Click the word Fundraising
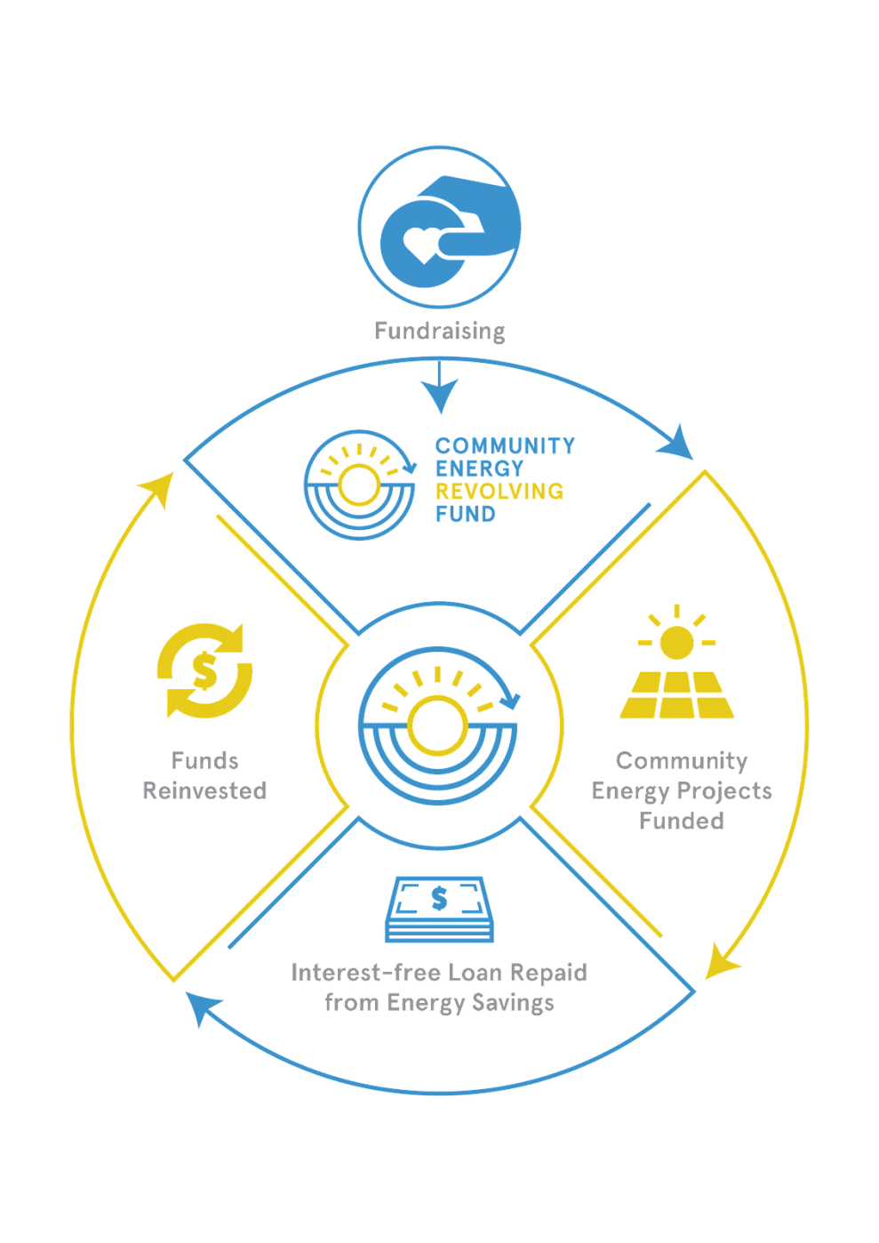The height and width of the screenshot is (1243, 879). coord(439,332)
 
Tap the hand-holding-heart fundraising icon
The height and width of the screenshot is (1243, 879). coord(440,229)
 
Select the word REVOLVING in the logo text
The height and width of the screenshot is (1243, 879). coord(499,491)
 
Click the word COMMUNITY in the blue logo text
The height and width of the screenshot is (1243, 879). coord(505,445)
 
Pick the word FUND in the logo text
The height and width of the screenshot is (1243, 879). coord(465,514)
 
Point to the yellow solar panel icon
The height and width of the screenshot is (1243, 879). coord(677,694)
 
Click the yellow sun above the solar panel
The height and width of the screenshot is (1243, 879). coord(676,640)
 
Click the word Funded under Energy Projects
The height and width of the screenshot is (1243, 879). coord(682,820)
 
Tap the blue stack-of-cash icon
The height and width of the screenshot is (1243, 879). coord(438,910)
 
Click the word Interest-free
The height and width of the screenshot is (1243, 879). coord(364,973)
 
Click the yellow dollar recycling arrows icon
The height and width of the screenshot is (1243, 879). coord(204,670)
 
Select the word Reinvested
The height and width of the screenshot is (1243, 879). coord(204,790)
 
